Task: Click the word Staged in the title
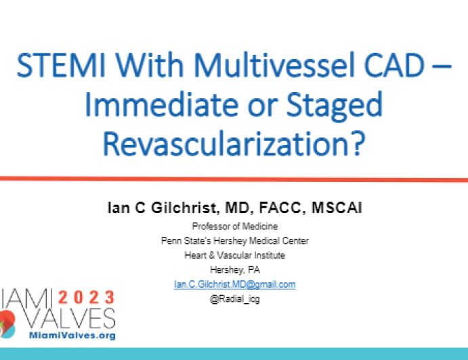point(329,106)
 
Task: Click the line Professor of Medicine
point(234,226)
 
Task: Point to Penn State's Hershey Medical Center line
point(234,240)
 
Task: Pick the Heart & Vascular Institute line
point(234,255)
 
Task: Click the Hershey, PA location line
point(234,269)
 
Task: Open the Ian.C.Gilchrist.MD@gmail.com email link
point(234,284)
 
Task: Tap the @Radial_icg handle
point(234,299)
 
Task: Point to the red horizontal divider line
point(234,179)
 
